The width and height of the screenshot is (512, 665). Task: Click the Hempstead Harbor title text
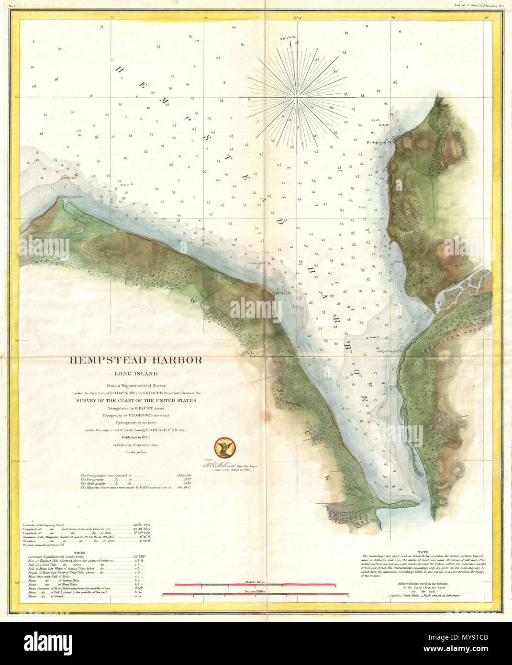click(136, 360)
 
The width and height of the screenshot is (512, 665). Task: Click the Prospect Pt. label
click(67, 197)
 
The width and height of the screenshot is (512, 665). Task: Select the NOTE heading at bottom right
click(423, 552)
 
